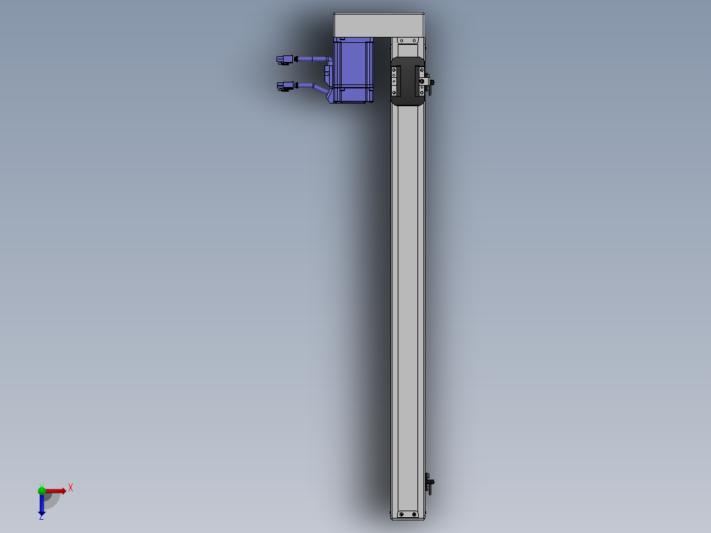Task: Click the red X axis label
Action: tap(71, 488)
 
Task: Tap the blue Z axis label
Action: tap(42, 517)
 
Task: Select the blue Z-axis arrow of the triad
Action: tap(42, 503)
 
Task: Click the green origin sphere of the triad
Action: tap(42, 490)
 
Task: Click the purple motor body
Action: tap(354, 71)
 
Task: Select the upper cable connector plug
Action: tap(285, 59)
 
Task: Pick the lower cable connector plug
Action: tap(285, 85)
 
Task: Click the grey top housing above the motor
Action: tap(379, 25)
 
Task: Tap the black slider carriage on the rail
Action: tap(408, 82)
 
